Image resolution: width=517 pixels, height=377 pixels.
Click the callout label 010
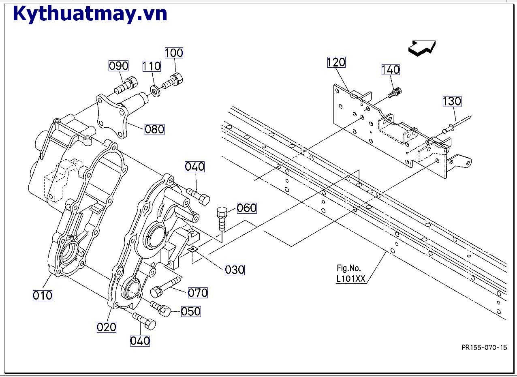43,296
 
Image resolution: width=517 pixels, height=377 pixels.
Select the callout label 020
107,327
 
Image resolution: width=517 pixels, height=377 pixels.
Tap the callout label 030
235,270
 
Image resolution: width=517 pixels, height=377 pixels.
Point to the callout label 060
246,208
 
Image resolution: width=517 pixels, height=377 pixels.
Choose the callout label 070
198,292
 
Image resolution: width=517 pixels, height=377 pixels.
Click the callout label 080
154,129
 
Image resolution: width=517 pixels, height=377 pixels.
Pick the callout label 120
336,62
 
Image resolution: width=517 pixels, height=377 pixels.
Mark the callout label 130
452,101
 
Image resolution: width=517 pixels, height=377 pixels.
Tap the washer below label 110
156,90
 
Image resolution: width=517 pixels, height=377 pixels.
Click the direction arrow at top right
422,48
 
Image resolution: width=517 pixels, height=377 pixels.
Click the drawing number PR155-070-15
484,347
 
